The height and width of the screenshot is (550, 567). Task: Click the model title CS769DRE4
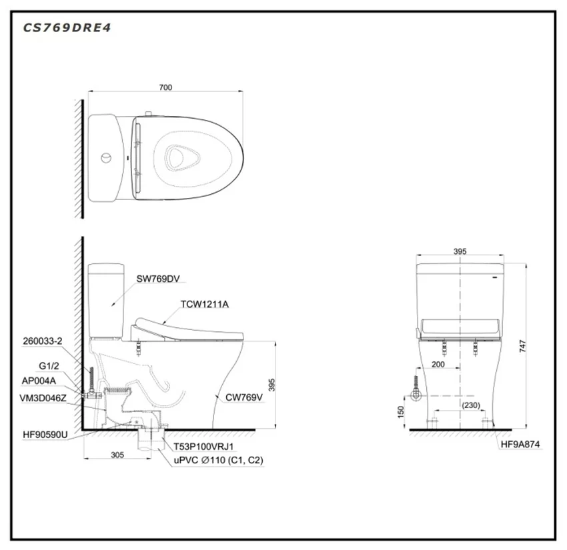tap(67, 28)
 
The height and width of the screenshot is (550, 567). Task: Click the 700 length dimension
tap(165, 87)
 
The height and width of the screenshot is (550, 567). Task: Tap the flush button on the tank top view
tap(106, 158)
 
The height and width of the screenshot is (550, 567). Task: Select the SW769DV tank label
tap(158, 279)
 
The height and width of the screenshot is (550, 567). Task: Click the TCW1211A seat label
tap(205, 304)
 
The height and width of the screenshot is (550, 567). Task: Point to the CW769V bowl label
tap(244, 397)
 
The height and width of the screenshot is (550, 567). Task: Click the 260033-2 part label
tap(43, 341)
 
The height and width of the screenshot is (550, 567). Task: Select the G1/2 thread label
tap(49, 366)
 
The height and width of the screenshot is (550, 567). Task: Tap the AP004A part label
tap(39, 381)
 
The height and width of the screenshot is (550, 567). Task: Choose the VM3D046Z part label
tap(43, 398)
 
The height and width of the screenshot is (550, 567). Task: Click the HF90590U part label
tap(45, 435)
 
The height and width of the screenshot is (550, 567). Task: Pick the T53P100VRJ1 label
tap(203, 447)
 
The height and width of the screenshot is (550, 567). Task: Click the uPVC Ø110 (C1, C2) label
tap(218, 461)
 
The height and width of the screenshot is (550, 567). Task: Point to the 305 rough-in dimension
tap(117, 455)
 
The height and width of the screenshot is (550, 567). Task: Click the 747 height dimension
tap(523, 346)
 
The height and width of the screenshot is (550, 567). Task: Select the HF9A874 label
tap(520, 445)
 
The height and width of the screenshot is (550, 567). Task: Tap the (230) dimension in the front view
tap(471, 405)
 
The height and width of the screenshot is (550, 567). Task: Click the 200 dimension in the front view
tap(438, 364)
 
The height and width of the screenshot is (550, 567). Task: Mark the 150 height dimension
tap(401, 412)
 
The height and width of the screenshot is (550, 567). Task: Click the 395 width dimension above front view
tap(460, 251)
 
